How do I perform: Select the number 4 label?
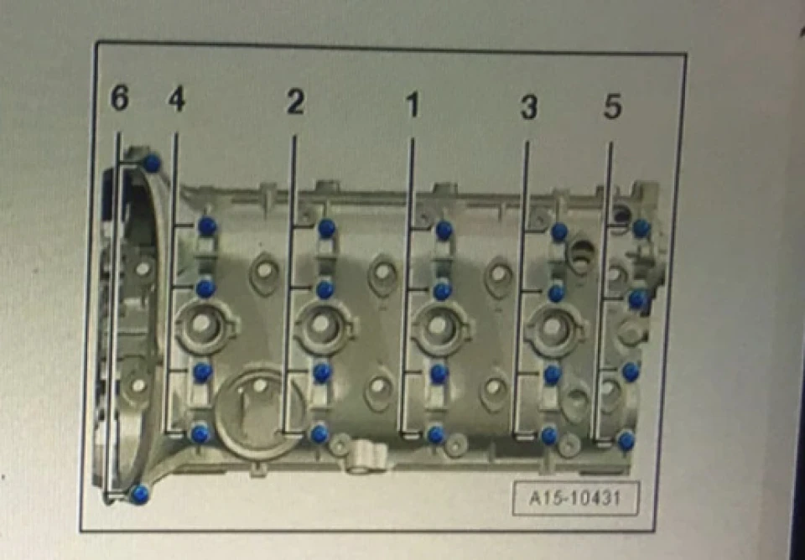tap(176, 99)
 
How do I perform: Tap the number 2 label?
tap(294, 101)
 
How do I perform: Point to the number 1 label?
tap(413, 104)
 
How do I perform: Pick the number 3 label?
tap(528, 106)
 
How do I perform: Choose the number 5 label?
tap(612, 106)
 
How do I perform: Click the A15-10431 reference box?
tap(575, 498)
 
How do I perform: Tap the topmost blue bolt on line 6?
tap(152, 163)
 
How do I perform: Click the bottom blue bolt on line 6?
tap(139, 495)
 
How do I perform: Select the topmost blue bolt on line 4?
tap(207, 226)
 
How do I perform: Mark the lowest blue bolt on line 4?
tap(200, 434)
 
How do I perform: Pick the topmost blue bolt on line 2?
tap(326, 228)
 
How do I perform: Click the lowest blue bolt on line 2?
tap(319, 434)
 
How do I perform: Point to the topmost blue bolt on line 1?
tap(444, 231)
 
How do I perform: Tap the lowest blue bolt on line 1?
tap(436, 435)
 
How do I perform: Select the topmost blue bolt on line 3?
tap(559, 232)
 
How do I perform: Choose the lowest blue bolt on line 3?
tap(548, 436)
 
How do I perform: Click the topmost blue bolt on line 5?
tap(641, 228)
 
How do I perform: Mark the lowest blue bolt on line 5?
tap(626, 440)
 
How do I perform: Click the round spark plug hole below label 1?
tap(438, 326)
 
